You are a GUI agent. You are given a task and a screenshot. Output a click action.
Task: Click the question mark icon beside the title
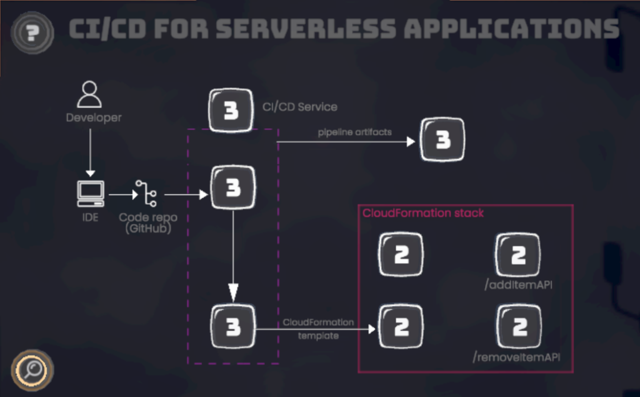32,31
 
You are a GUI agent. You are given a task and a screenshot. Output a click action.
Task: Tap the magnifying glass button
32,370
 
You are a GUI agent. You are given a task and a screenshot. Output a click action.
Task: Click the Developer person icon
89,94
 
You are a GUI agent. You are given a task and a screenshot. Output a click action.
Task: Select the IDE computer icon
91,194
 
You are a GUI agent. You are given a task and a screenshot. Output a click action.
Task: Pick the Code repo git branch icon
147,194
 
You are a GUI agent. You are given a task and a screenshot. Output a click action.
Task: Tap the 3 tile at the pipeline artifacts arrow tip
442,140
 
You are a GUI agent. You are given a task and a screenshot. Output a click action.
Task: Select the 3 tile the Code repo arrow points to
232,187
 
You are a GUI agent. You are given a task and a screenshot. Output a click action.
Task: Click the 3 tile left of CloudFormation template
233,326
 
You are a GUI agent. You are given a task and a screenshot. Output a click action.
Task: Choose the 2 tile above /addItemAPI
517,255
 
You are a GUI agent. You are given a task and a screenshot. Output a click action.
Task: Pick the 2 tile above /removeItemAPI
519,326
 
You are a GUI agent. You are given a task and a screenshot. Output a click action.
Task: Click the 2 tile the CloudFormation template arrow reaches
401,326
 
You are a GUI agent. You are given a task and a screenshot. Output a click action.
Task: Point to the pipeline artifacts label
354,132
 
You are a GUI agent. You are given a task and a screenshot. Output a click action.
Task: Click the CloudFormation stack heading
423,213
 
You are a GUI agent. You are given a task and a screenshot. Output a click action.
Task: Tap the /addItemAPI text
519,286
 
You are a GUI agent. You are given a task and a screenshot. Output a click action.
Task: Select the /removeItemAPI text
516,358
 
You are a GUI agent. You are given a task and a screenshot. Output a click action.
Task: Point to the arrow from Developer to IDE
89,150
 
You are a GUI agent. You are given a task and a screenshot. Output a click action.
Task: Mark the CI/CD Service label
299,107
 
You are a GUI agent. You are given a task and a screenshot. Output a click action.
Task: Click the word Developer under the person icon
94,117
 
